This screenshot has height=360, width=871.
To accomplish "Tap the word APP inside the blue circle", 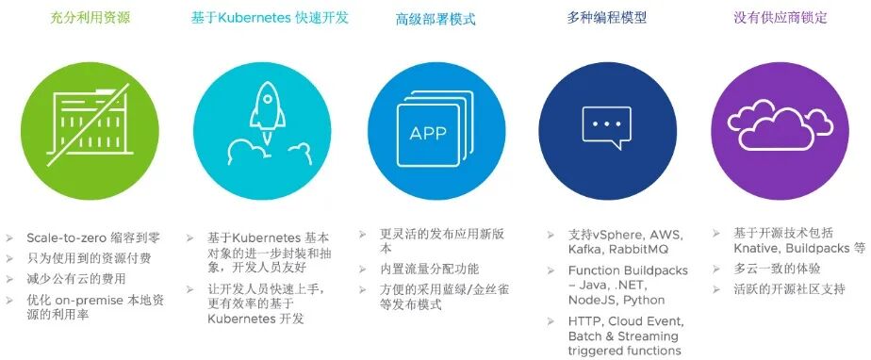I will coord(428,133).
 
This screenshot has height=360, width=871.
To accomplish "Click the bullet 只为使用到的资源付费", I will coord(89,258).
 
